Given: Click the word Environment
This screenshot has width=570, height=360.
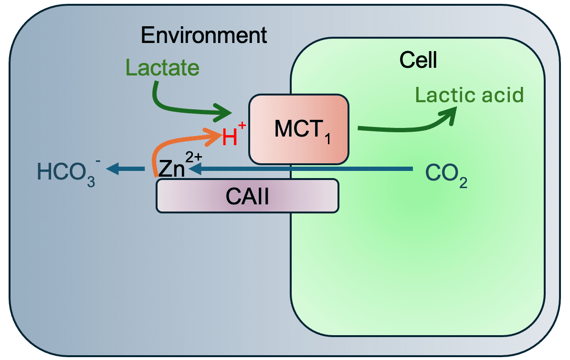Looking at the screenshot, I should (204, 36).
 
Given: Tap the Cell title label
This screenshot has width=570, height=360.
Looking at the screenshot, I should (418, 60).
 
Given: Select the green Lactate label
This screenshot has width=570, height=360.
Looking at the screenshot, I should (162, 68).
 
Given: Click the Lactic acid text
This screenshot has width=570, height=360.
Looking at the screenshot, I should (469, 95).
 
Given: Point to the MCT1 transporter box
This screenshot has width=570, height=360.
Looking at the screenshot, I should (299, 127).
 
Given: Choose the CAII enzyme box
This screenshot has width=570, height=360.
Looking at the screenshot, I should (247, 196).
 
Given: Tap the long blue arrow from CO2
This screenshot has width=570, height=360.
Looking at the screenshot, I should (306, 168).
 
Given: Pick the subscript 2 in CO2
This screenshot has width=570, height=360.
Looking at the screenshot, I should (462, 182).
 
